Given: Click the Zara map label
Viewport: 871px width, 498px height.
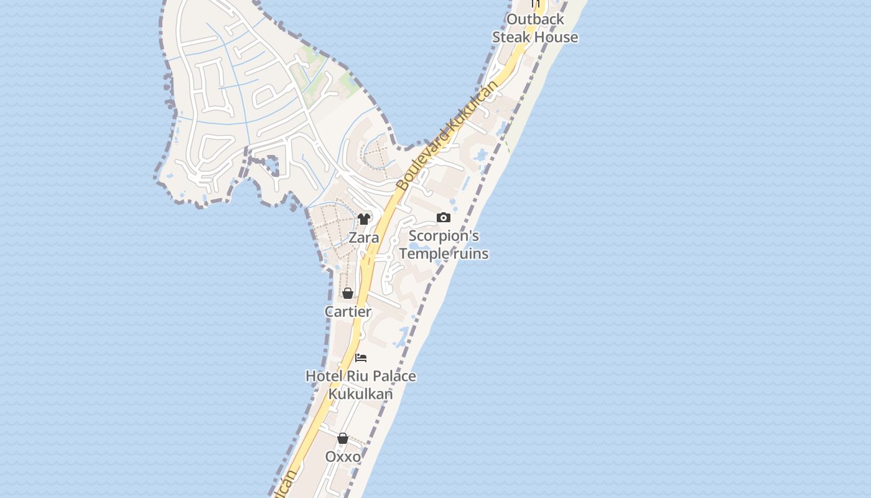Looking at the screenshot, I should pos(363,238).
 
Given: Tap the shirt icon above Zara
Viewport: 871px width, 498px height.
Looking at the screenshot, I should pos(364,219).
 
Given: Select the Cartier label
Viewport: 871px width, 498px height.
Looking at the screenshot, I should pos(348,311).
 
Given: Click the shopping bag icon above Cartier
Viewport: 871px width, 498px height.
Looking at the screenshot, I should pos(348,293).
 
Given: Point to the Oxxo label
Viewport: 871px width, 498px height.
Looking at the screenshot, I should pos(343,457).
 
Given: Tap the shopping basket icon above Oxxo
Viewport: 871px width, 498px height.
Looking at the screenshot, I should pos(343,438).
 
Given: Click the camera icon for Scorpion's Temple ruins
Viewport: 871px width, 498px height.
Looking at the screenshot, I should pos(444,217).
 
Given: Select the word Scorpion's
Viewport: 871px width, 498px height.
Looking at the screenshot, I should pos(444,236).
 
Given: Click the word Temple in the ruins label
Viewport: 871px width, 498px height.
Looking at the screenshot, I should pos(423,254).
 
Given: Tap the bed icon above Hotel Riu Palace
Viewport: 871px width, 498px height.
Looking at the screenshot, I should pos(361,358).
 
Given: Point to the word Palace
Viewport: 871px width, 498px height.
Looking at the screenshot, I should pos(393,376).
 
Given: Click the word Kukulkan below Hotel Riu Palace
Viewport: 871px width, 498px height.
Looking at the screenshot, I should pos(361,394).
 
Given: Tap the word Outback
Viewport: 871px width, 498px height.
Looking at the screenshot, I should pos(535,19).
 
